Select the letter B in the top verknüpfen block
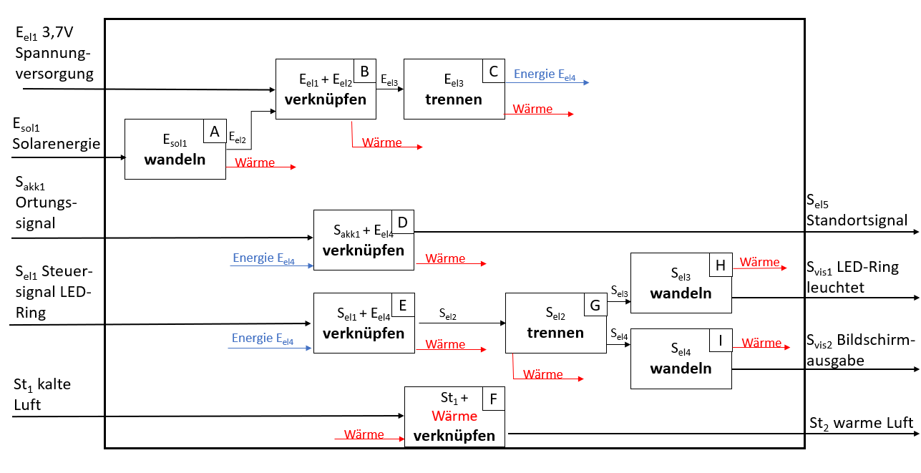[364, 71]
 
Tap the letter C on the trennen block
[493, 71]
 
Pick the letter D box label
[402, 223]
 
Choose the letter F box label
[493, 399]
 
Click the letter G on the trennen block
[595, 306]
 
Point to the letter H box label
[720, 265]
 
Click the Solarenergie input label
[56, 144]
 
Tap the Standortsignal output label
[857, 220]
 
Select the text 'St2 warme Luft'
[861, 423]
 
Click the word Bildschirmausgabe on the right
[858, 349]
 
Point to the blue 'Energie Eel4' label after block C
[545, 74]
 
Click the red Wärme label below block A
[254, 162]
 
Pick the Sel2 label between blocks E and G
[448, 315]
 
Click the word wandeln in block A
[175, 160]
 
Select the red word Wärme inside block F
[454, 416]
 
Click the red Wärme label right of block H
[759, 262]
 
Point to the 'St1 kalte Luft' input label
[43, 394]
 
